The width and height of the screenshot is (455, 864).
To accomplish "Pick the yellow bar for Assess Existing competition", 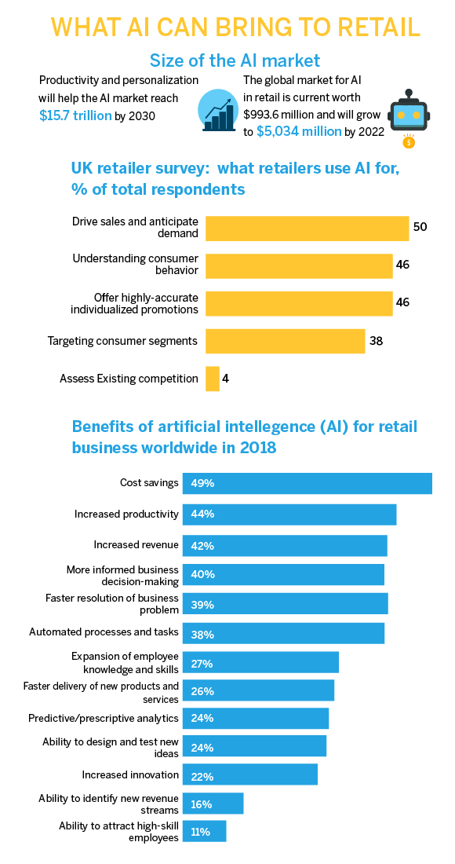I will (x=213, y=379).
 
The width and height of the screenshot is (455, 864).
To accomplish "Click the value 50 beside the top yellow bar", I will (x=420, y=227).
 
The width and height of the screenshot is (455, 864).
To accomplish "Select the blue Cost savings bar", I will (x=308, y=483).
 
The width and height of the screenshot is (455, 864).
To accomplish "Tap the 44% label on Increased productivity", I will (x=202, y=514).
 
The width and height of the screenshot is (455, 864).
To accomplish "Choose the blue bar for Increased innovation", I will (x=250, y=774).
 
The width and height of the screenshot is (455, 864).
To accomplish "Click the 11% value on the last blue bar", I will (x=200, y=831).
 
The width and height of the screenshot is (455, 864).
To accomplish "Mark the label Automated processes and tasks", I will (x=104, y=632).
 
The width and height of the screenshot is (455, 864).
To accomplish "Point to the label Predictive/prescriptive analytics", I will (x=104, y=718).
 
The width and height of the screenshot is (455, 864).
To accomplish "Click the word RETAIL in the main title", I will (x=369, y=27).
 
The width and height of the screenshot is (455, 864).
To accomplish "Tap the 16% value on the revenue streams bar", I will (x=202, y=804).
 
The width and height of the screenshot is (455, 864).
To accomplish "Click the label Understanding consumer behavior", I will (x=135, y=265).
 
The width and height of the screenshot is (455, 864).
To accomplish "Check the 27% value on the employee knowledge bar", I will (x=202, y=664).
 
